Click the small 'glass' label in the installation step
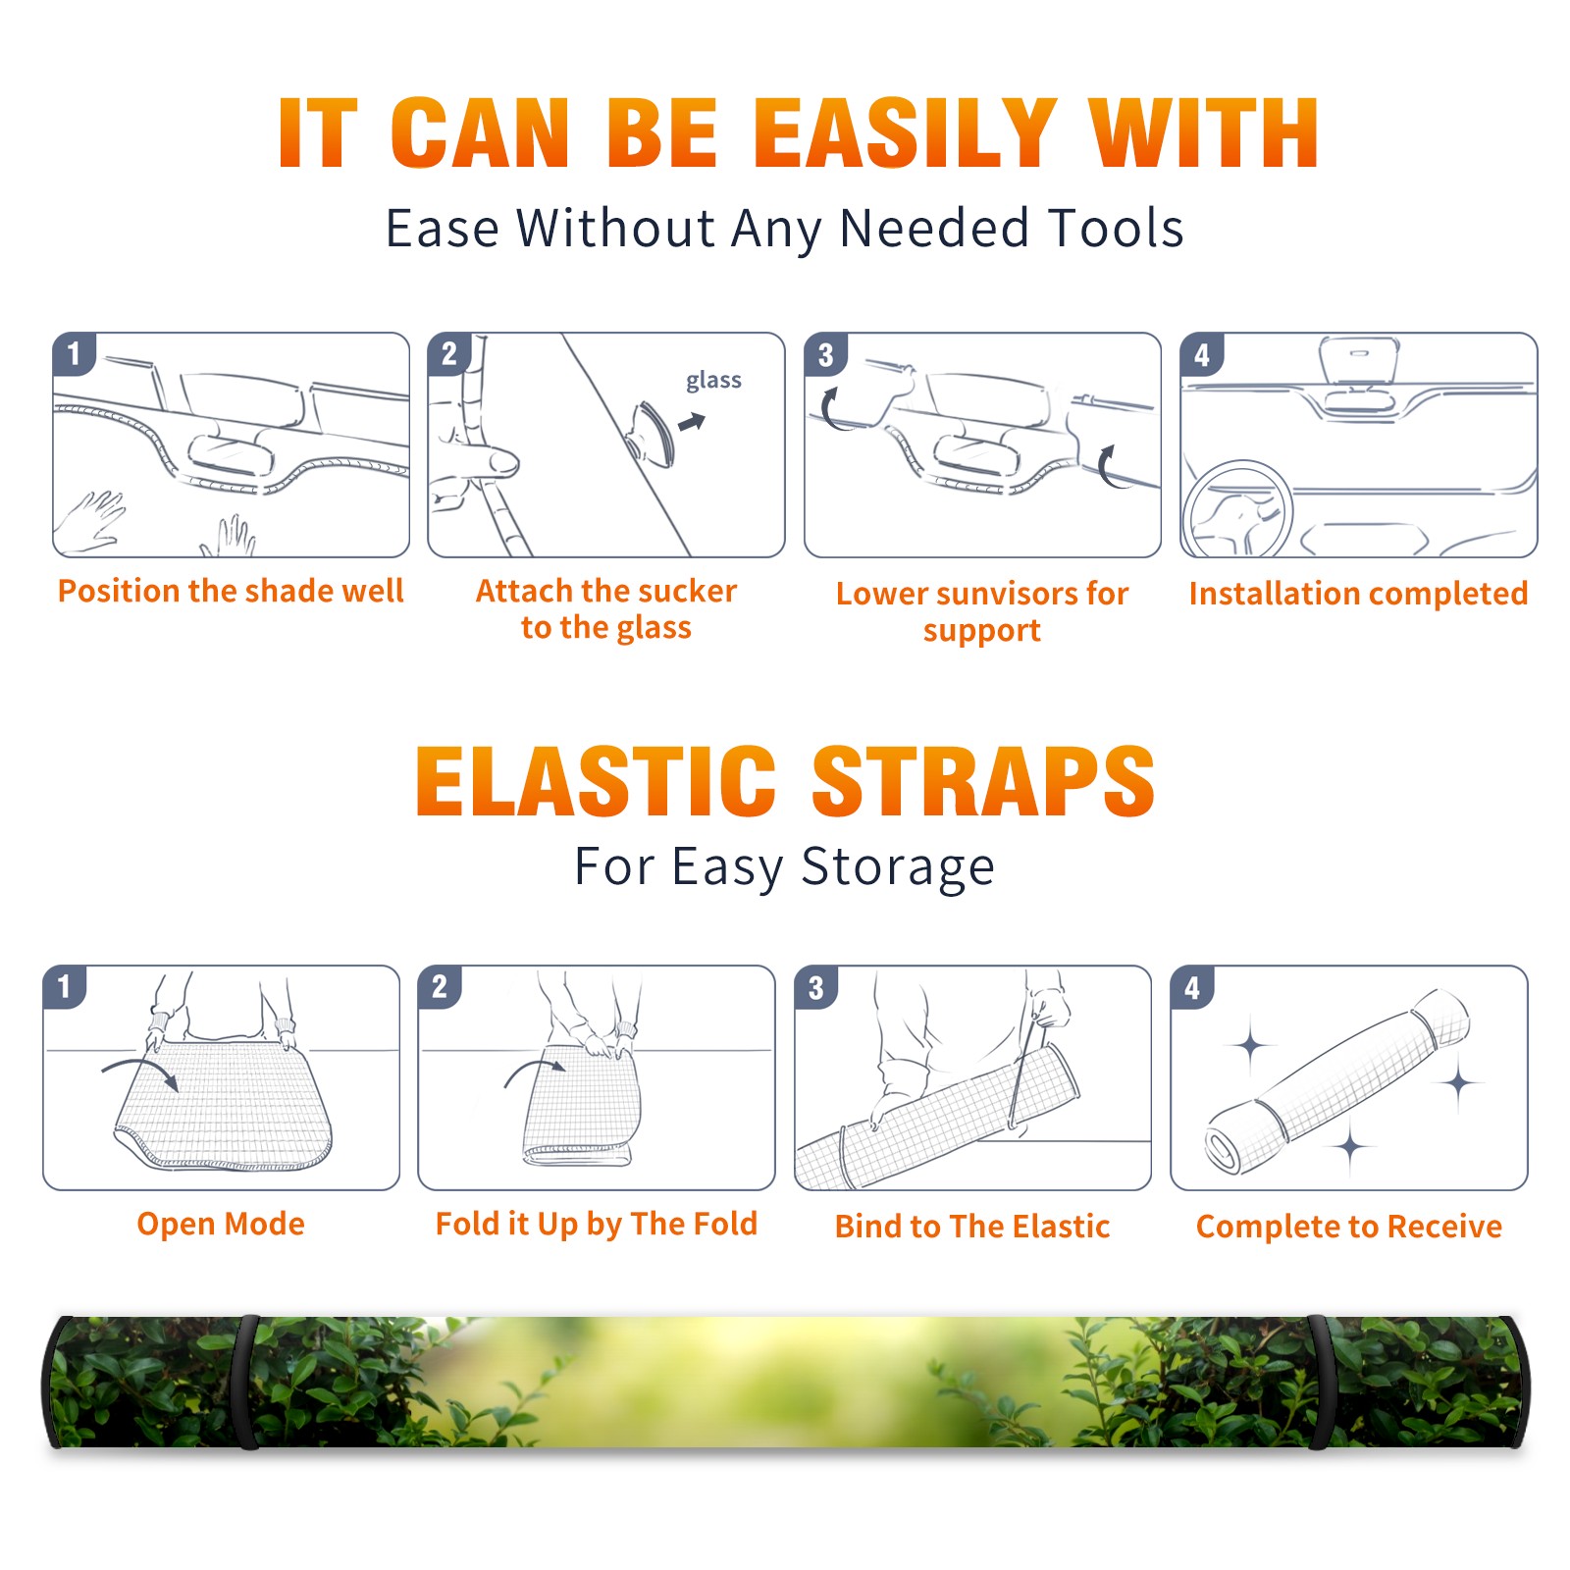[713, 380]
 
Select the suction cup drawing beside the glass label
[652, 433]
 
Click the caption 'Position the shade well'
[231, 591]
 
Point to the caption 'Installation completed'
[1358, 594]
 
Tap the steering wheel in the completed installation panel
[1237, 510]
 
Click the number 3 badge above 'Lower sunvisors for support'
[825, 354]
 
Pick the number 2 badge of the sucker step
[448, 353]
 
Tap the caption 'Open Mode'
[221, 1224]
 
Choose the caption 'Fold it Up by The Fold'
[597, 1224]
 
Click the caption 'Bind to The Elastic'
[972, 1227]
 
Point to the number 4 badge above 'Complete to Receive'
[1192, 987]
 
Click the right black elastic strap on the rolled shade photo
[1319, 1383]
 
